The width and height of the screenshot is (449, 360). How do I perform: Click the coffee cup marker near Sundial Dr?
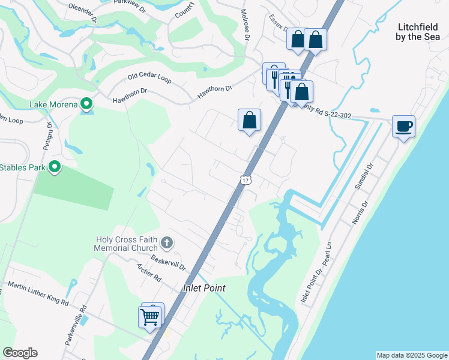pos(404,127)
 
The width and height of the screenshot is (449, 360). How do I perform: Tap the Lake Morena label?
pos(54,105)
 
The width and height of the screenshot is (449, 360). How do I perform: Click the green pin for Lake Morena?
pos(86,104)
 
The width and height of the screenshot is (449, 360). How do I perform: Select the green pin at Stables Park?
pos(55,166)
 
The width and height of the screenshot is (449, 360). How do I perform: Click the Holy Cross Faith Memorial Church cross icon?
pos(167,244)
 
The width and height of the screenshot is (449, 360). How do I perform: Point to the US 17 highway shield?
pos(245,179)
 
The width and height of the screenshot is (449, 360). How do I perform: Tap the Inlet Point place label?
pos(204,289)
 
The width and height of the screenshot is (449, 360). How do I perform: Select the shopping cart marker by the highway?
pos(149,316)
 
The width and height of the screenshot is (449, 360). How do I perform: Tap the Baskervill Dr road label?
pos(169,262)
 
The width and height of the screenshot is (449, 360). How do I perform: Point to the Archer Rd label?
pos(149,273)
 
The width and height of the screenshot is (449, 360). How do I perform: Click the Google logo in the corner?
pos(20,353)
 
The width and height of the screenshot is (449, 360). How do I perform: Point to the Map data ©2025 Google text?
pos(412,355)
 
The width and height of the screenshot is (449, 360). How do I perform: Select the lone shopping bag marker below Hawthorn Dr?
pos(249,120)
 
